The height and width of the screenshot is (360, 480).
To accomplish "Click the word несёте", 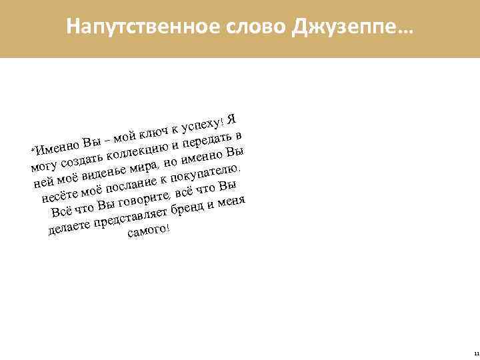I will tap(56, 196).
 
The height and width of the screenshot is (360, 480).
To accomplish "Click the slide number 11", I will tap(474, 353).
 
